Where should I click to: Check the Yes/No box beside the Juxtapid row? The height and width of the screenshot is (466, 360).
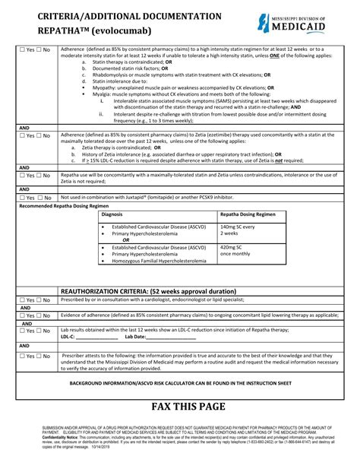[34, 197]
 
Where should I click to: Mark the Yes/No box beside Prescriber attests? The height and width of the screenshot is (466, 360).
[34, 355]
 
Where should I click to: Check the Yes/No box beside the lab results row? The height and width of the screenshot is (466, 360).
[34, 331]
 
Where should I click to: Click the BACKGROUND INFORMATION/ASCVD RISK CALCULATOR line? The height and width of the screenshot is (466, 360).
[181, 384]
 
